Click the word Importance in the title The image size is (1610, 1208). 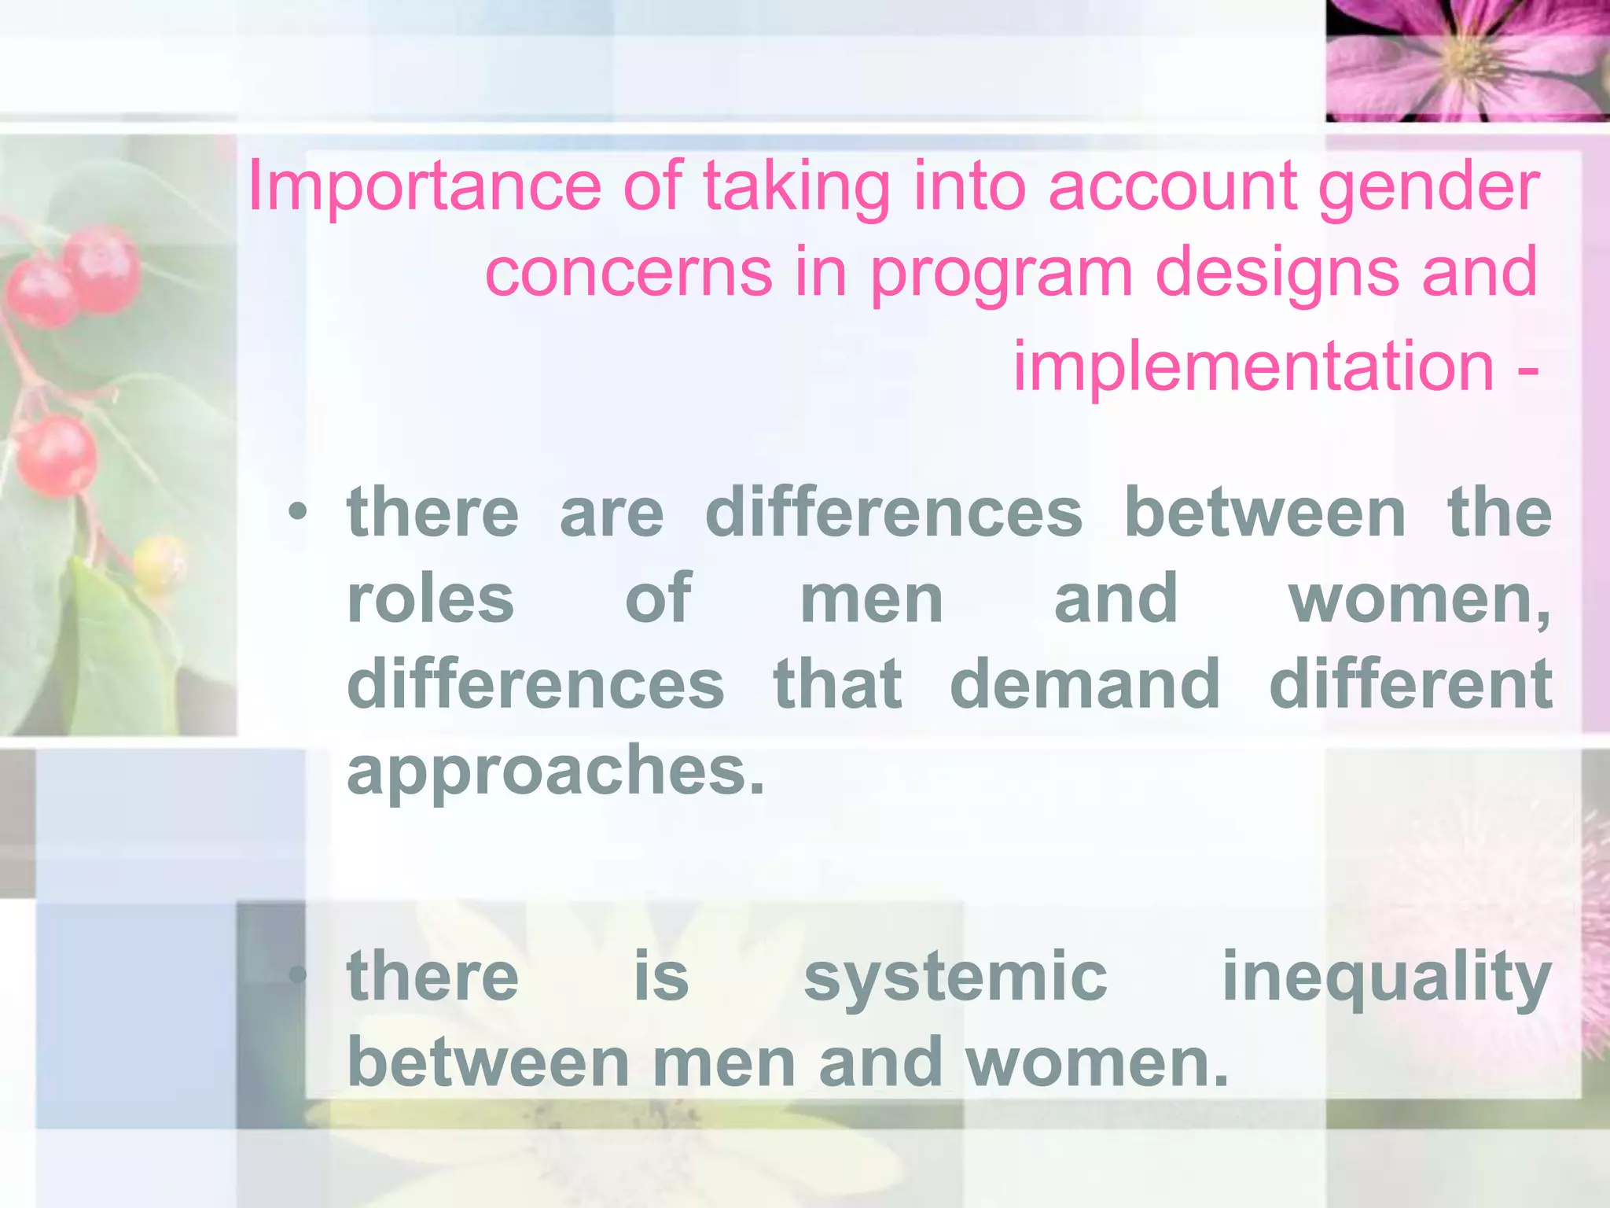point(424,187)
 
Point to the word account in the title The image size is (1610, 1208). point(1172,187)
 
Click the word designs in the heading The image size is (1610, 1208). point(1277,274)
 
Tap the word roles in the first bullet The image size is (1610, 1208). point(430,599)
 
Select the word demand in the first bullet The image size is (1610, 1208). point(1085,684)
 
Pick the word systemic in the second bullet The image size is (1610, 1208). point(955,977)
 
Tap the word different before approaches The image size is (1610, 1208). point(1410,684)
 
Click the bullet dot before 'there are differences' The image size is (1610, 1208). point(297,513)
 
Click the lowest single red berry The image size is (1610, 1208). point(57,456)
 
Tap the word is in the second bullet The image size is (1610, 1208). point(661,977)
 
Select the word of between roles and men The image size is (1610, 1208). point(658,599)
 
